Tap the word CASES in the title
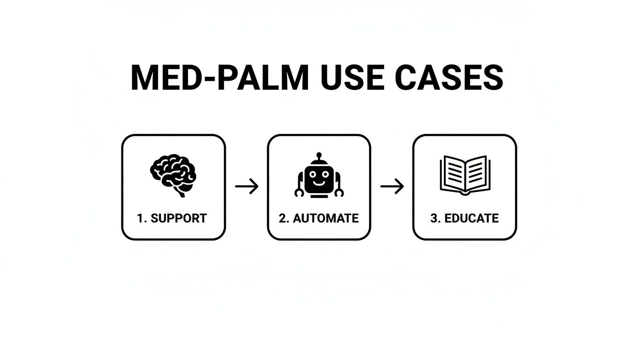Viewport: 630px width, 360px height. pyautogui.click(x=449, y=78)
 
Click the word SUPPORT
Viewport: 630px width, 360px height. pyautogui.click(x=179, y=218)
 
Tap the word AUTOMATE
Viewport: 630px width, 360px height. pyautogui.click(x=326, y=218)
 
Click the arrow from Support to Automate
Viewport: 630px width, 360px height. pyautogui.click(x=247, y=187)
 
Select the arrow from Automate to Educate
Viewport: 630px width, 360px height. pyautogui.click(x=392, y=187)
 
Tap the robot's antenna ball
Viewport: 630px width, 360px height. pyautogui.click(x=319, y=155)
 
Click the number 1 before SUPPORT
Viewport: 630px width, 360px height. pyautogui.click(x=140, y=218)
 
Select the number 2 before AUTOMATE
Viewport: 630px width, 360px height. pyautogui.click(x=283, y=218)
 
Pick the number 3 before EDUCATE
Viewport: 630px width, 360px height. pyautogui.click(x=434, y=218)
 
